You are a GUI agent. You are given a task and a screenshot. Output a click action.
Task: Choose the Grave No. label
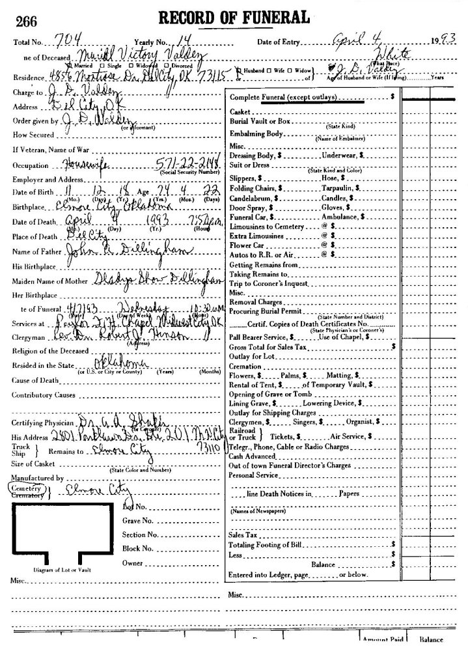[137, 520]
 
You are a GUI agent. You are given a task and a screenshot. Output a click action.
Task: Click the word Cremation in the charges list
[246, 367]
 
